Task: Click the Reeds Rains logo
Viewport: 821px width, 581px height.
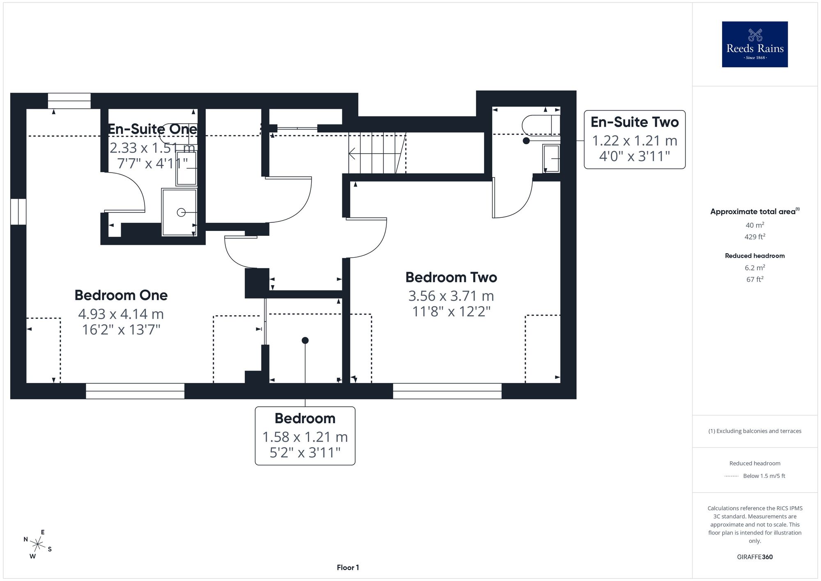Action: point(755,44)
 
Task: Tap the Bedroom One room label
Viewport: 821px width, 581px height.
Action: point(121,295)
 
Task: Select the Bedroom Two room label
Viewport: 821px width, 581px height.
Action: point(451,277)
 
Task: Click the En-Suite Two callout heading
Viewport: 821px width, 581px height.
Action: point(635,122)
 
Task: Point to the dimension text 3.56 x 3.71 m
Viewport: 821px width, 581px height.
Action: point(451,296)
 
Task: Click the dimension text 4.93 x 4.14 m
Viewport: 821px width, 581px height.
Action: point(121,314)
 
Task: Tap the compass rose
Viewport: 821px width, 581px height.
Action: point(38,545)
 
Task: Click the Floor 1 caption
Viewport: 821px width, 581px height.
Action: point(348,567)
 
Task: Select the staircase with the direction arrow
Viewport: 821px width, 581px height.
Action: point(377,153)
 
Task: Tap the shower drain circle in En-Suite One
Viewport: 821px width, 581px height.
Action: point(181,212)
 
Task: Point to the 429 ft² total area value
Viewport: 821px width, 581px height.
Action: point(755,237)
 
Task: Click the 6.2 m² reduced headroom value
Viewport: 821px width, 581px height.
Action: point(755,267)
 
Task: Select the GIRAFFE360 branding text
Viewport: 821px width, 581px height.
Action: point(755,557)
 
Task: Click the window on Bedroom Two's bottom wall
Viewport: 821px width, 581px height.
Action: point(447,391)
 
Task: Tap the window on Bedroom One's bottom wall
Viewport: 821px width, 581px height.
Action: point(135,391)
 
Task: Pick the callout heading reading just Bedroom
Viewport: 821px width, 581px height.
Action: point(305,418)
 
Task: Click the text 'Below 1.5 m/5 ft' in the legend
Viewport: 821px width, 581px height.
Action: point(764,476)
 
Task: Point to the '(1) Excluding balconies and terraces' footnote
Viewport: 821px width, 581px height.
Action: point(755,431)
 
